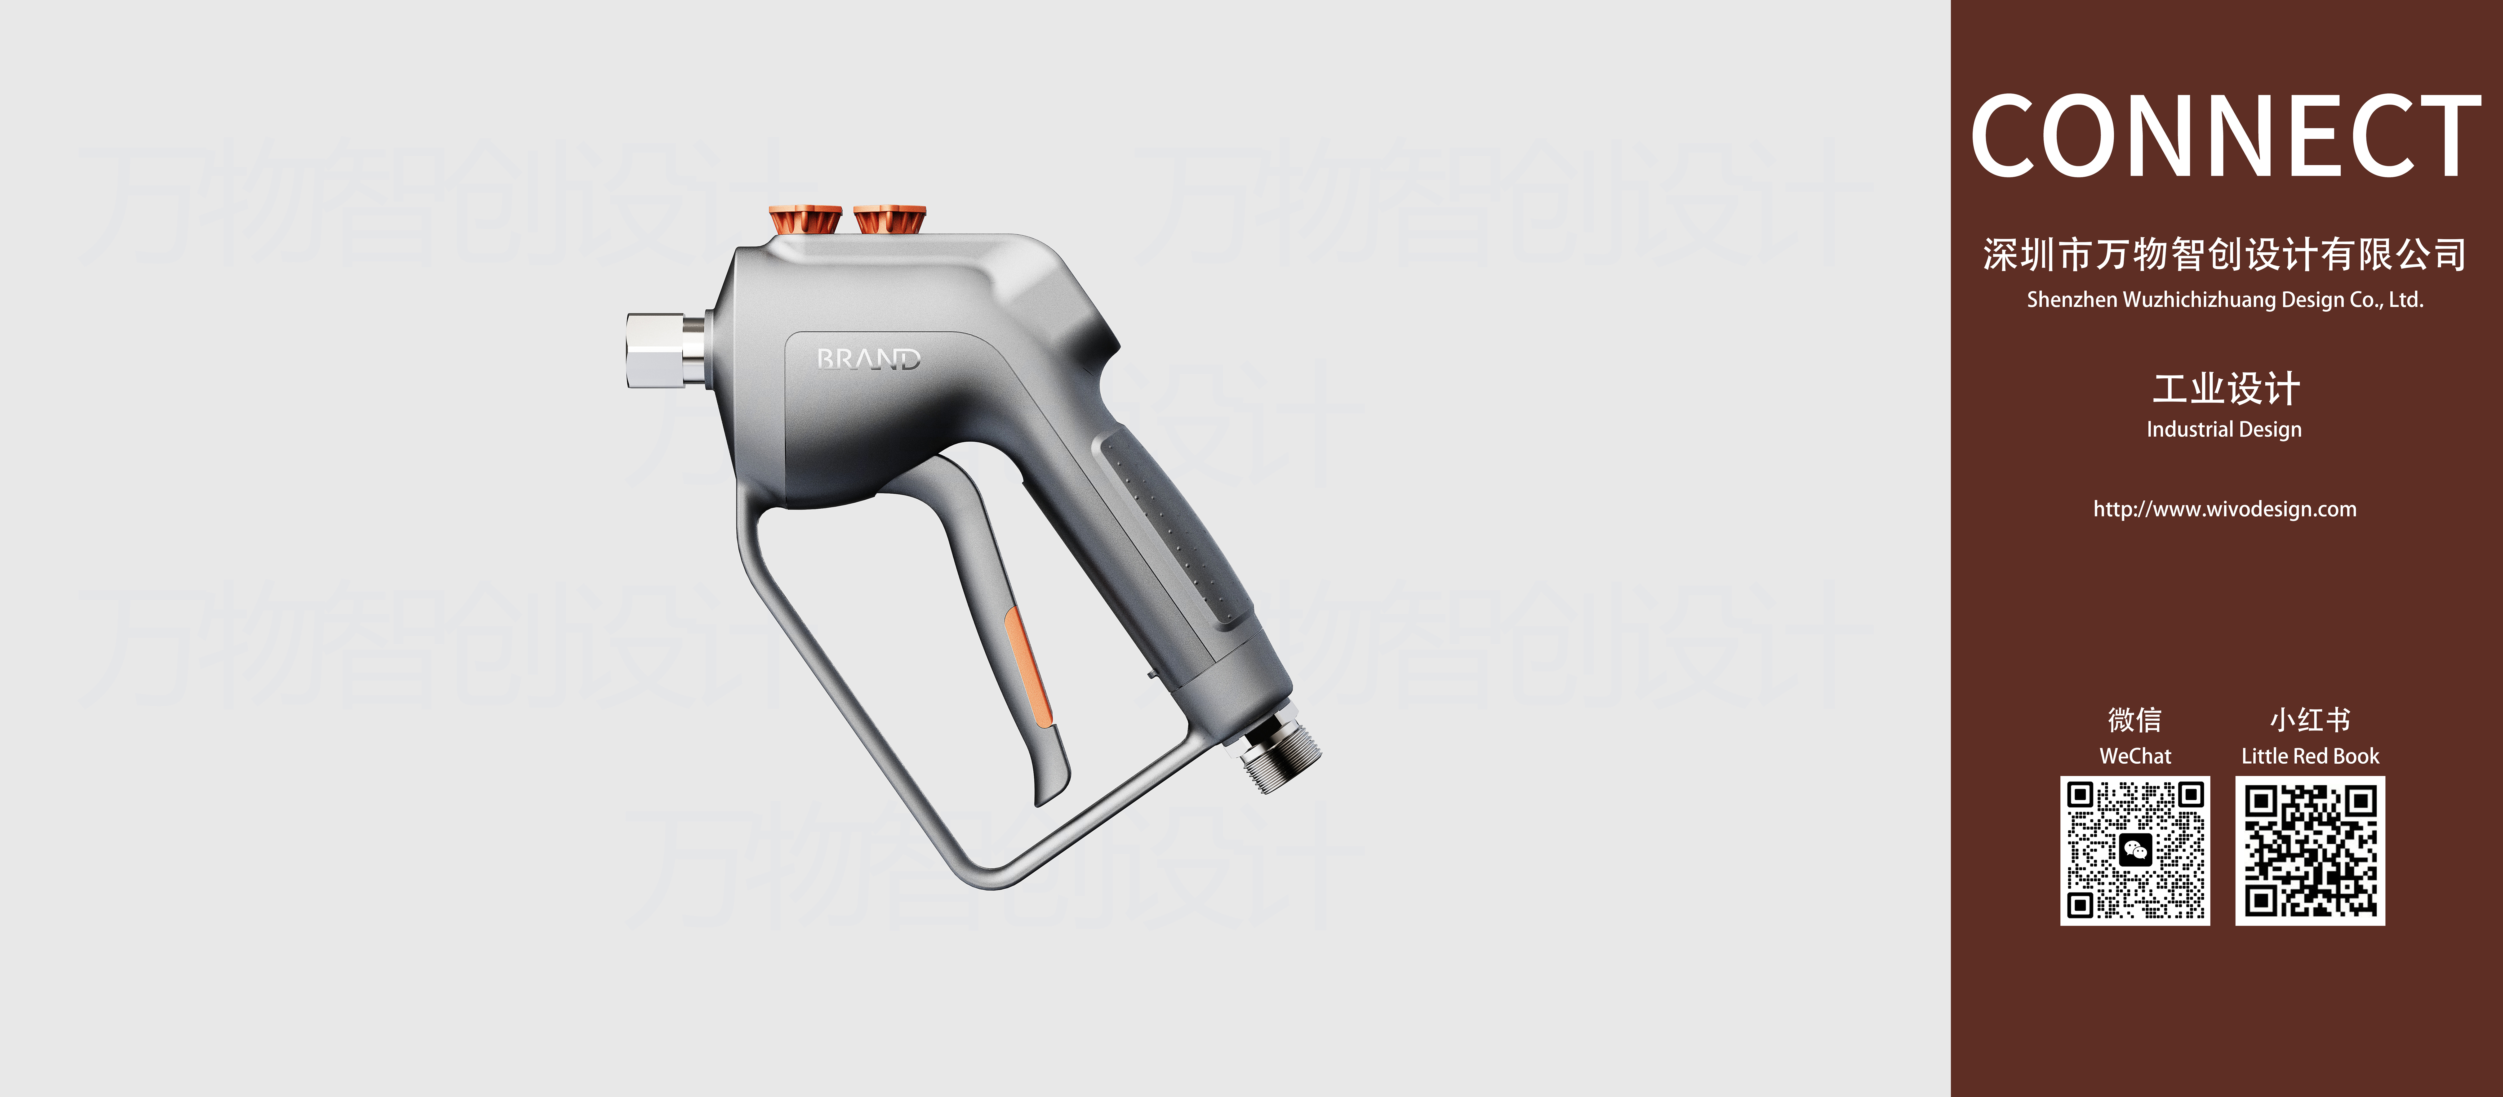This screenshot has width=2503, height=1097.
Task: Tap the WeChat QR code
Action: tap(2135, 850)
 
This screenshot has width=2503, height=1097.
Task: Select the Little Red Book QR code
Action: tap(2310, 850)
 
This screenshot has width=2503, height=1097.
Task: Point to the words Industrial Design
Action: tap(2224, 429)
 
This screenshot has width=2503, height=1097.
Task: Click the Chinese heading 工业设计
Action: tap(2225, 389)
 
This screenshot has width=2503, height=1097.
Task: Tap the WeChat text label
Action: tap(2135, 756)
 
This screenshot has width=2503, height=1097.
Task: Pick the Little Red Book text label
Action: tap(2310, 756)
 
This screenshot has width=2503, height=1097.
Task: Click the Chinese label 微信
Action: tap(2135, 720)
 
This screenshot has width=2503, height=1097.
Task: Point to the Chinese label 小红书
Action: tap(2310, 720)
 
